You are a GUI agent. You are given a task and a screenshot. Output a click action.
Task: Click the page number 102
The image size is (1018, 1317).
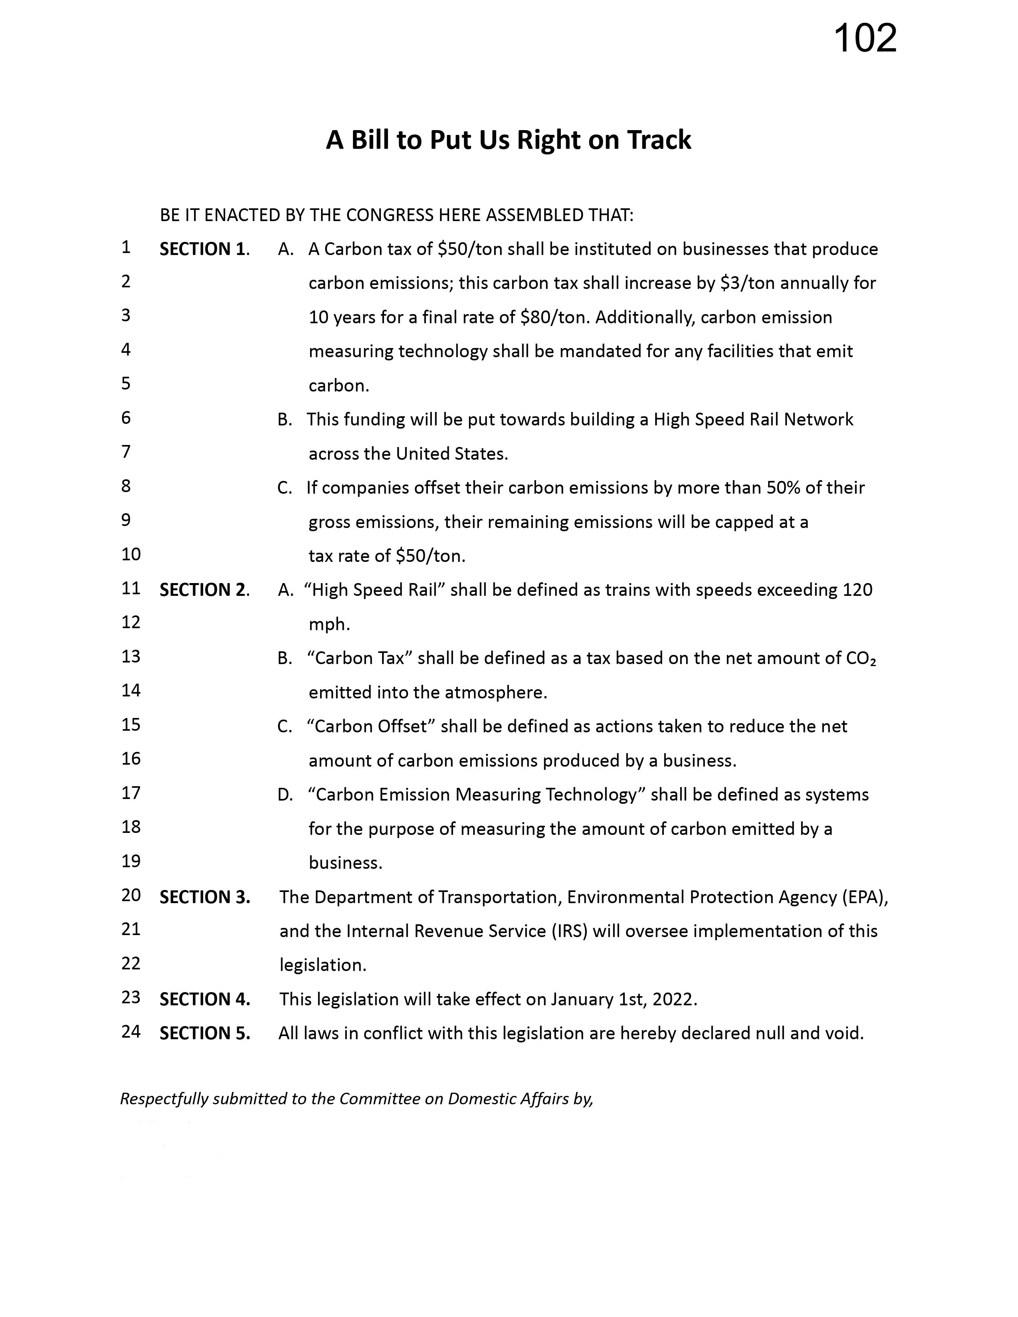tap(865, 39)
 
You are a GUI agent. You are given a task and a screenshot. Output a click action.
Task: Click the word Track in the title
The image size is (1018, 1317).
tap(659, 140)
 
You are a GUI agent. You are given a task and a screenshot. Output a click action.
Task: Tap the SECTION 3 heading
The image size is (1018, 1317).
tap(204, 897)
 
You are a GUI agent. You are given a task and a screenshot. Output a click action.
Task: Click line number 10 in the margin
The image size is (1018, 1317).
tap(131, 554)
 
